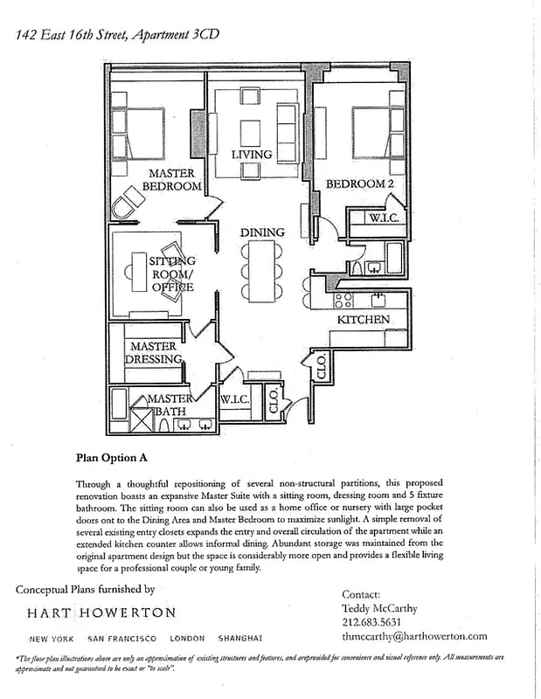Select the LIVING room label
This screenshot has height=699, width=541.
(252, 155)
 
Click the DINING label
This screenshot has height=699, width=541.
(263, 232)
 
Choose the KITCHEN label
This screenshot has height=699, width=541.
(364, 320)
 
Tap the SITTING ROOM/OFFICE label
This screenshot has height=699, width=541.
(172, 273)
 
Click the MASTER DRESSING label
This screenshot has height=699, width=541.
(153, 353)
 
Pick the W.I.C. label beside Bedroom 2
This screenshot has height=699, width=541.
(383, 218)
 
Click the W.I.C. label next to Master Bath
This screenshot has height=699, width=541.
(236, 399)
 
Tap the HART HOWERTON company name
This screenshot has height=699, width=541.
(101, 612)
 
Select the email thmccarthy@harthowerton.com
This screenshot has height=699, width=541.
(414, 637)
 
